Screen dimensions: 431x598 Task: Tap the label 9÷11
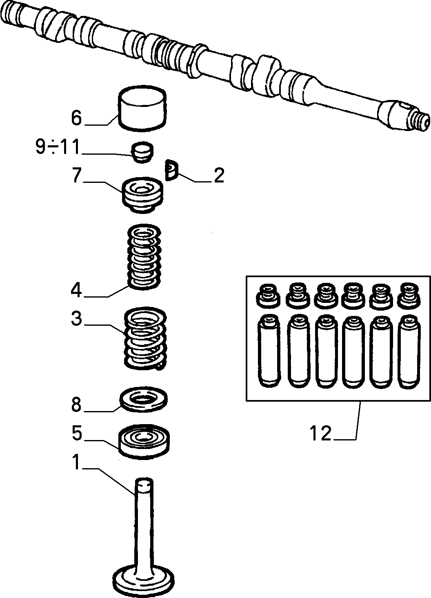[58, 147]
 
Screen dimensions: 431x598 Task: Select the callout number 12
[320, 433]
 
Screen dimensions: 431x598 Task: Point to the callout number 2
[219, 176]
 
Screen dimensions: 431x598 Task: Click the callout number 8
[76, 405]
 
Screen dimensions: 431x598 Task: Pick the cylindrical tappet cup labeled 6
[142, 109]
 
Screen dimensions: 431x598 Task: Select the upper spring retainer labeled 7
[142, 195]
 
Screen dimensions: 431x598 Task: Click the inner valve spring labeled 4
[144, 257]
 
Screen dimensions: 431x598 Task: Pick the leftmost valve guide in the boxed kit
[269, 351]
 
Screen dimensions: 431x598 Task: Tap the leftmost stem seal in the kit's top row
[269, 295]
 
